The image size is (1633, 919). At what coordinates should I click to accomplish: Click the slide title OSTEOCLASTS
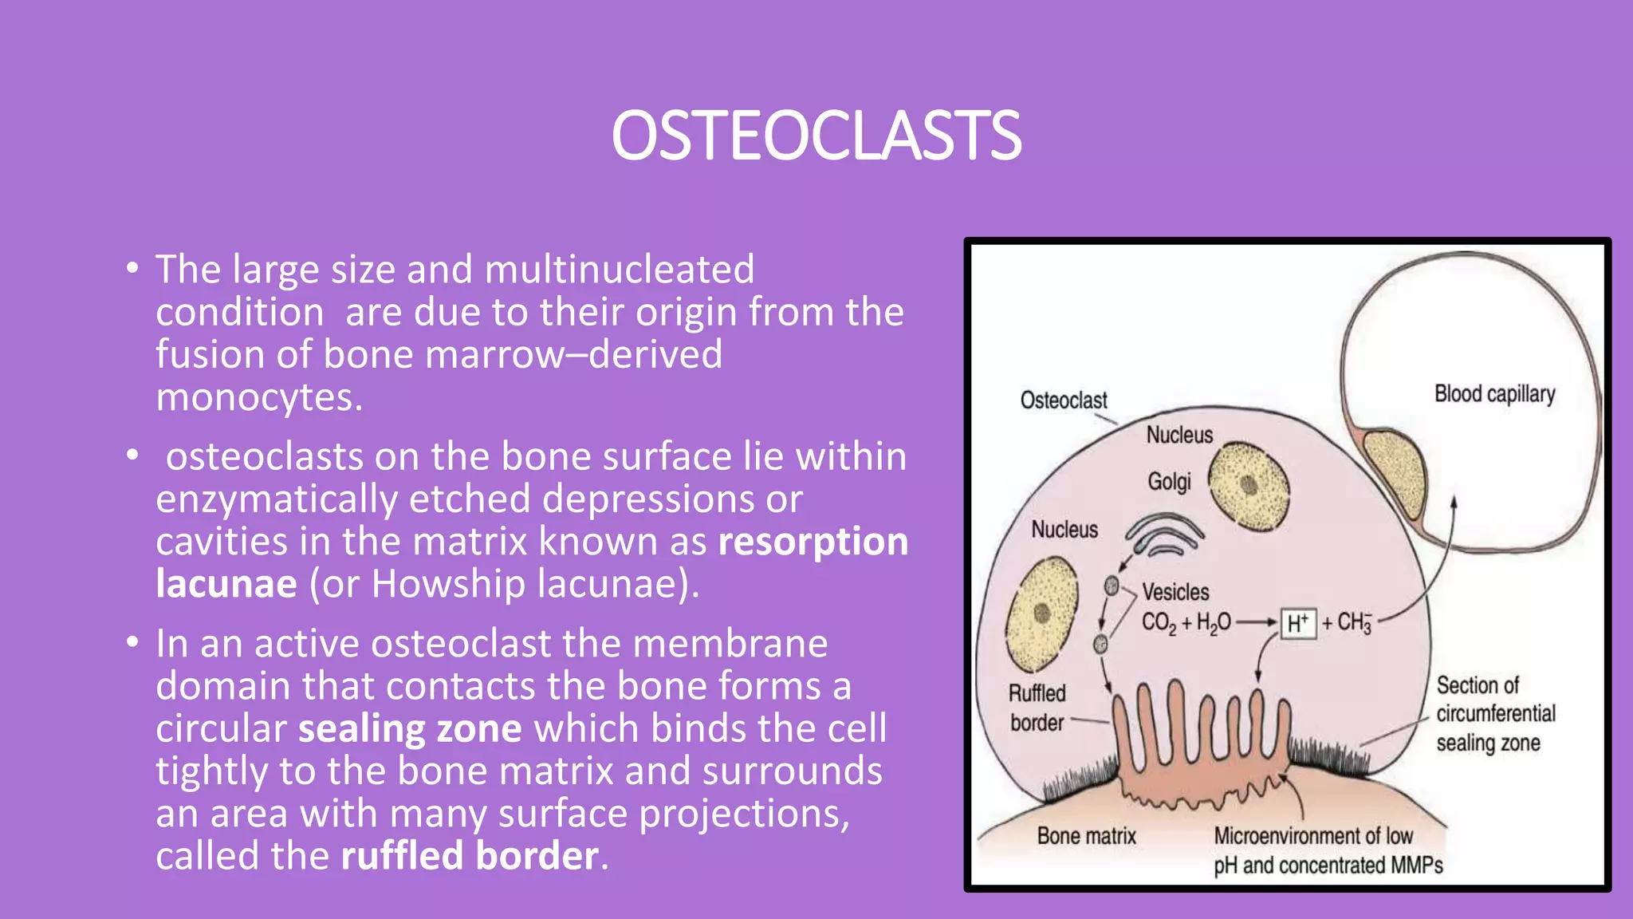[816, 136]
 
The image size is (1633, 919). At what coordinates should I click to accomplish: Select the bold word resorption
[813, 542]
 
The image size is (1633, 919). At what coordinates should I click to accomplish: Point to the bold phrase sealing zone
[410, 729]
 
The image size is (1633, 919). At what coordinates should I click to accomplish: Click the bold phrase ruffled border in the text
[470, 856]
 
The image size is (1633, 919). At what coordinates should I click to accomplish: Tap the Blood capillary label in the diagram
[1494, 394]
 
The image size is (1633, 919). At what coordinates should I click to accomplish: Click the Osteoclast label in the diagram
[1063, 400]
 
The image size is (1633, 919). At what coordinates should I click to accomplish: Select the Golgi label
[1169, 482]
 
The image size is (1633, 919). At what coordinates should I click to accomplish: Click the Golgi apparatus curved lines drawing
[1164, 535]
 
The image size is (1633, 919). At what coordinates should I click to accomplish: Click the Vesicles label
[1175, 592]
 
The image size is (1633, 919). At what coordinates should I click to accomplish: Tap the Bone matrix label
[1086, 836]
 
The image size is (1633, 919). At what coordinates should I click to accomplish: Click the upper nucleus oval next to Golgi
[1249, 485]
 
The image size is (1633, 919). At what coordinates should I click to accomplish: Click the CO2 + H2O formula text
[1186, 623]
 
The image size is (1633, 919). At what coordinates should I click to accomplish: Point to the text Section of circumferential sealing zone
[1494, 714]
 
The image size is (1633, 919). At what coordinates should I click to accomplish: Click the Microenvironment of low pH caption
[1328, 850]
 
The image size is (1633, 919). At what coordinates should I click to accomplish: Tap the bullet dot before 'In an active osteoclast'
[132, 642]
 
